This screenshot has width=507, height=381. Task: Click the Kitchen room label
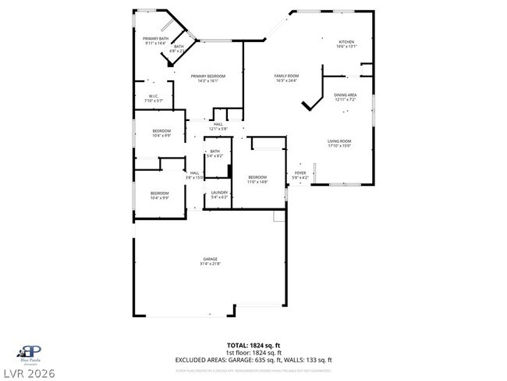[x=346, y=42]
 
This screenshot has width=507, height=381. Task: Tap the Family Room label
[x=286, y=76]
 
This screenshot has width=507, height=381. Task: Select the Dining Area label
[x=346, y=94]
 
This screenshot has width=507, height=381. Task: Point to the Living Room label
[x=339, y=141]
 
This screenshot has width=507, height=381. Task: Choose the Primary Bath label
[x=156, y=38]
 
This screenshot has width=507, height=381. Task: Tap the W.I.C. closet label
[x=154, y=96]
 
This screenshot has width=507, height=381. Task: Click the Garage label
[x=211, y=258]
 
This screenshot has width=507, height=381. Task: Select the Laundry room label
[x=219, y=192]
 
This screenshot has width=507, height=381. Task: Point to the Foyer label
[x=300, y=173]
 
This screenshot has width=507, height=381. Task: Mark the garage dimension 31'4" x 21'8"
[x=211, y=263]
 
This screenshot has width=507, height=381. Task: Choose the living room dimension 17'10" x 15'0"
[x=339, y=145]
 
